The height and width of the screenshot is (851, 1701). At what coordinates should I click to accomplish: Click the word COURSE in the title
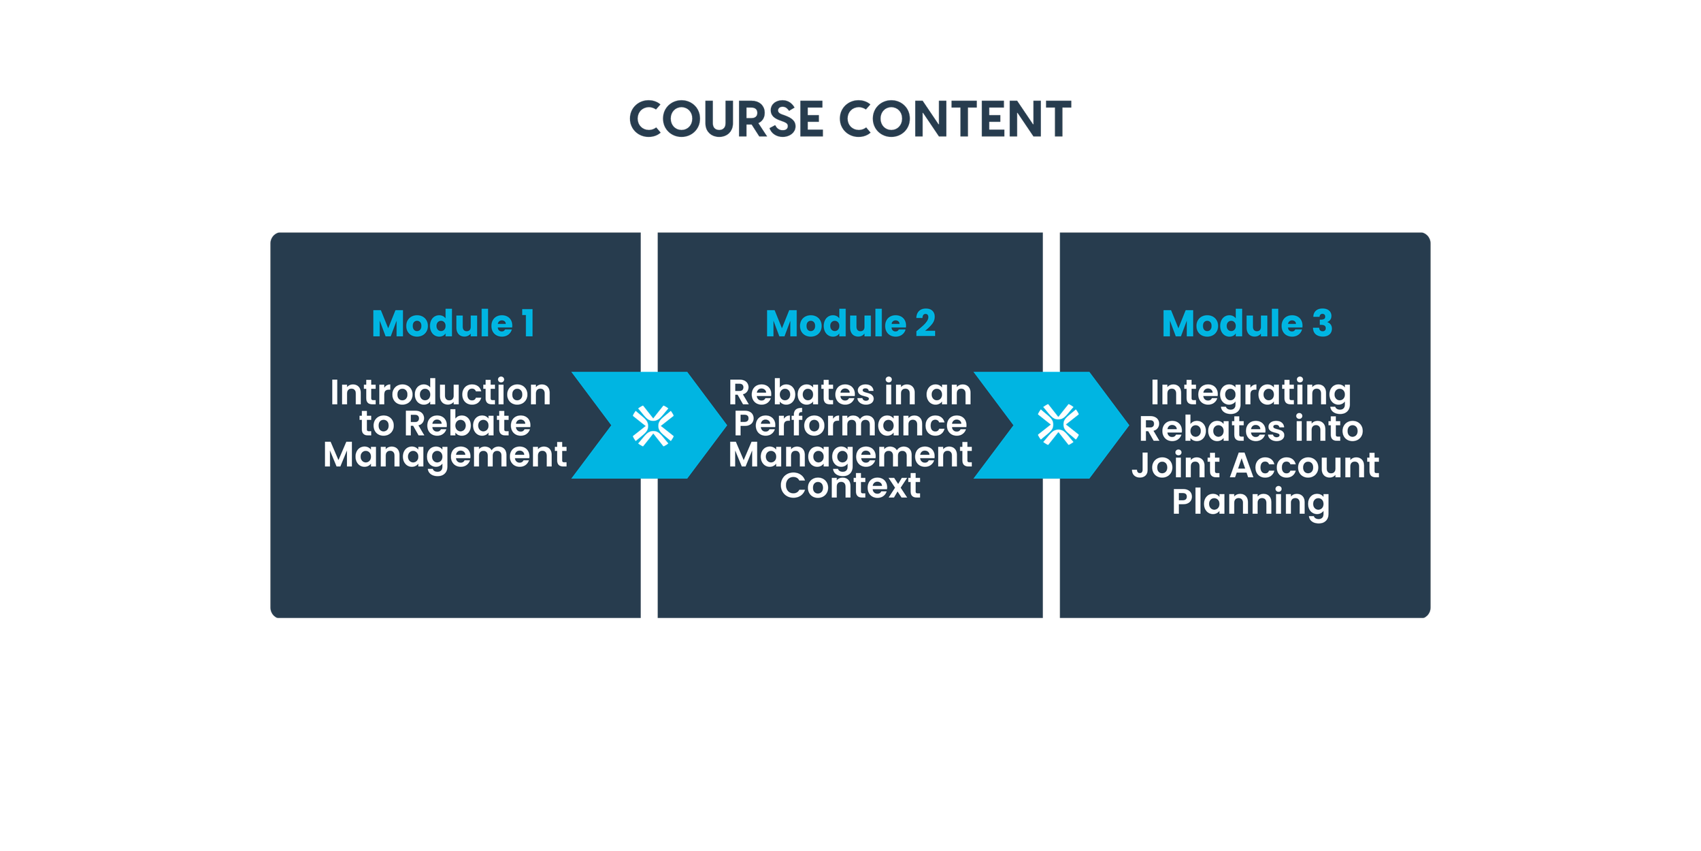726,120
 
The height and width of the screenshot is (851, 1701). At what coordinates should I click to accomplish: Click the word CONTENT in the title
955,120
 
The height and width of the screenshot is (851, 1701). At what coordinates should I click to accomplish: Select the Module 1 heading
452,323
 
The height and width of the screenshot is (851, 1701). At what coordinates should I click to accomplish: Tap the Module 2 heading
850,323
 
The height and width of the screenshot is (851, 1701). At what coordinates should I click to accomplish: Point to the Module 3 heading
1246,323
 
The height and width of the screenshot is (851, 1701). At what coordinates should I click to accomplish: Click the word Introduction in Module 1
440,393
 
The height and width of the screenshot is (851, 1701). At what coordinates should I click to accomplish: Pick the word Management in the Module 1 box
445,455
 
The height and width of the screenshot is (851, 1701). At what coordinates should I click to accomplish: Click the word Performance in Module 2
850,424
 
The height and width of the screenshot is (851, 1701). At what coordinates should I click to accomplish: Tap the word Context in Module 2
850,485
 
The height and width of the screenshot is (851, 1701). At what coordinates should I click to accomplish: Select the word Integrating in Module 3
1251,394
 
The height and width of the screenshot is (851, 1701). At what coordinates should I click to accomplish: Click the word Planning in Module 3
1251,502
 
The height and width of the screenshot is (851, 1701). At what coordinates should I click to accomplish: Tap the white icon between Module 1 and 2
653,426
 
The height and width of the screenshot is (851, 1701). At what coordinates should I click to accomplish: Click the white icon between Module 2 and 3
1058,425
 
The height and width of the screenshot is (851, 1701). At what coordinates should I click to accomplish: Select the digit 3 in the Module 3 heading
1322,323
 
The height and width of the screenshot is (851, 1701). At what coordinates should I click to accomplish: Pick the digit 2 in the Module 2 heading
925,323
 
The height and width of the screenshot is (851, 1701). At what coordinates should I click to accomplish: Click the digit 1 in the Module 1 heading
528,323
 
